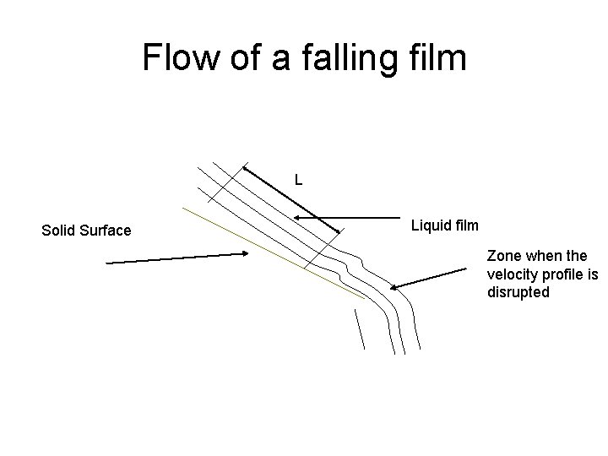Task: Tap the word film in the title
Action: click(437, 58)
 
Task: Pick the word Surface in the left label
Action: click(105, 231)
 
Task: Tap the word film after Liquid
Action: click(465, 225)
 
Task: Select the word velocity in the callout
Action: click(511, 274)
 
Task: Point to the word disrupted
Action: click(518, 292)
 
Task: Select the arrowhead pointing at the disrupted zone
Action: click(394, 287)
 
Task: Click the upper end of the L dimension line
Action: click(242, 166)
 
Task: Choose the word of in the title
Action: click(247, 58)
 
